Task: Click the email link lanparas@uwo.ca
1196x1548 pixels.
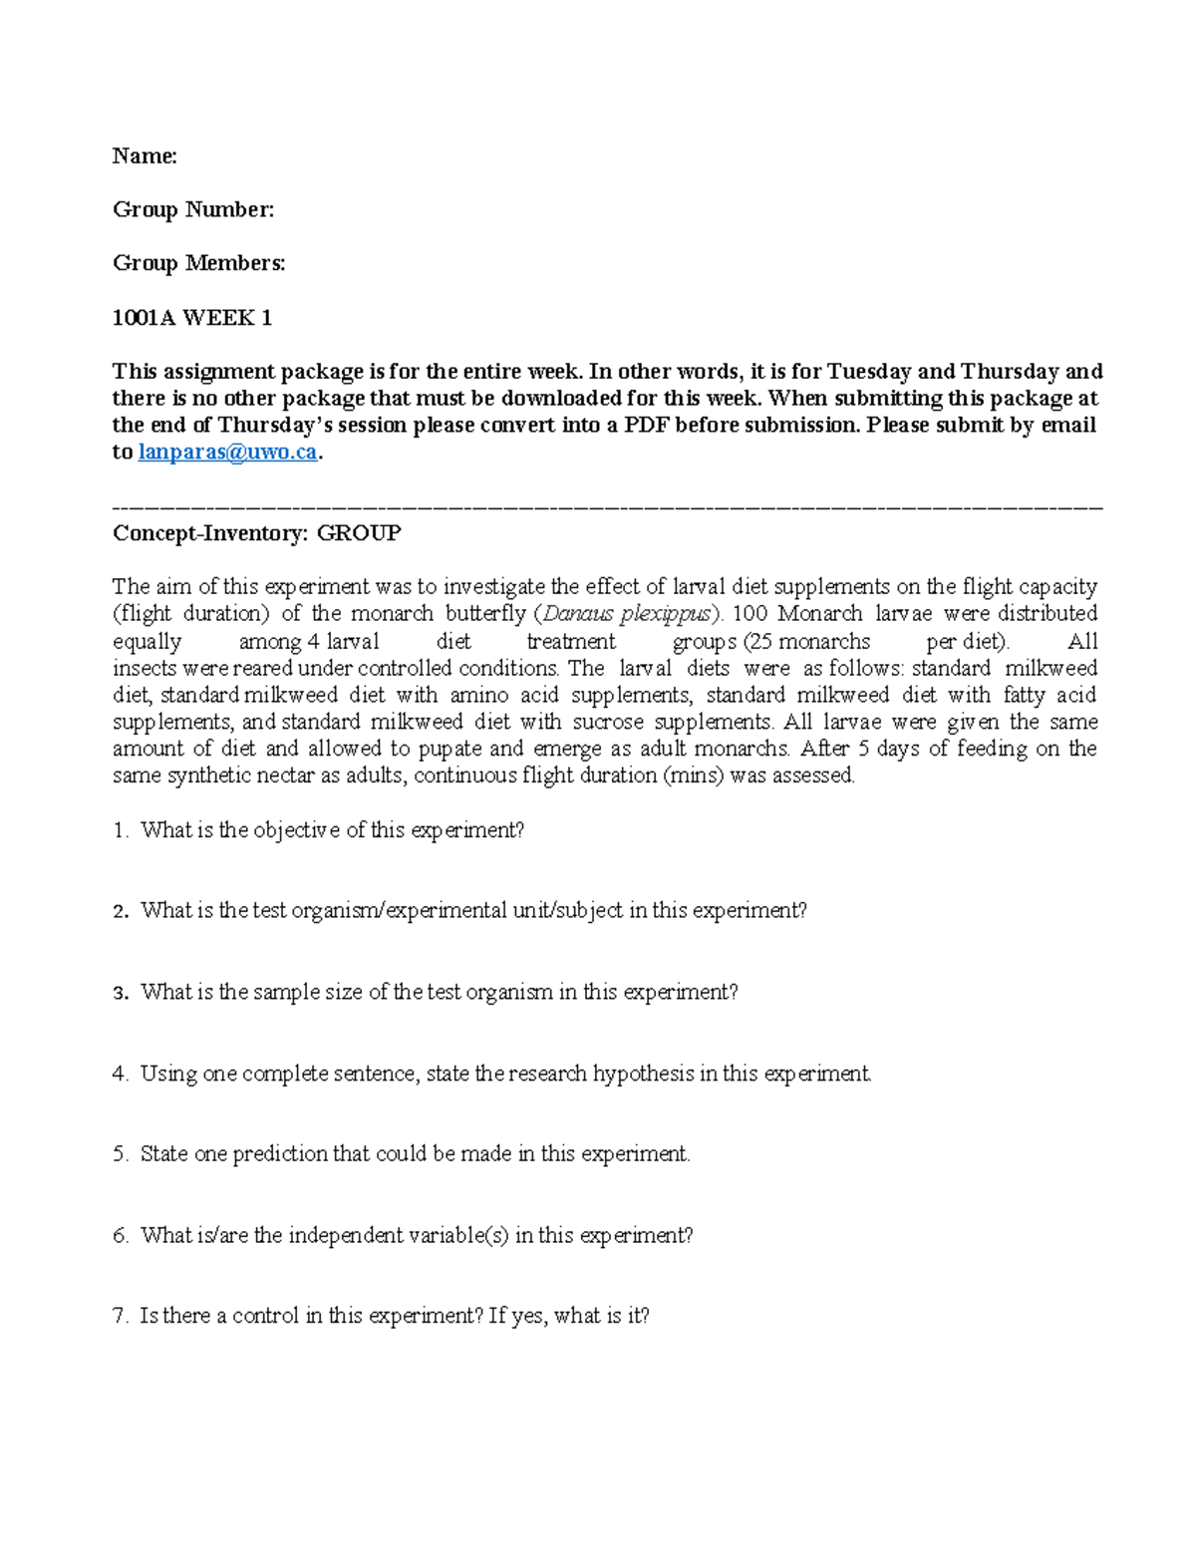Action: (x=227, y=453)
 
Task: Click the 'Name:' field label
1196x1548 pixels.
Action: (x=145, y=155)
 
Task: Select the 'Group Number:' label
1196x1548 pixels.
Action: (x=193, y=209)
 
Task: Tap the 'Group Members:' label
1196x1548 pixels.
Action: (x=198, y=263)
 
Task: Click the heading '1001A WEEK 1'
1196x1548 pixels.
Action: (x=192, y=318)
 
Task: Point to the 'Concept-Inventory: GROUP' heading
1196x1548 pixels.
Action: (x=256, y=533)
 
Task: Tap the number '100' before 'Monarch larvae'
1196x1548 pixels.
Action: (x=750, y=614)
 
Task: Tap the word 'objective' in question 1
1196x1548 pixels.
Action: (x=296, y=830)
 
